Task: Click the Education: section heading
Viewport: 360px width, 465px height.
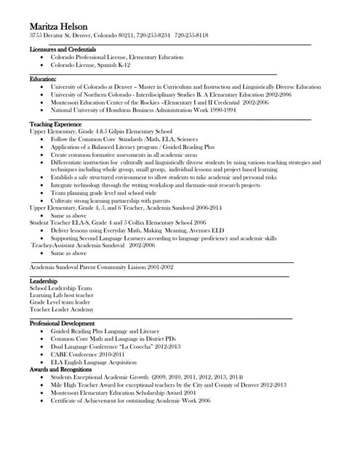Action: click(x=43, y=78)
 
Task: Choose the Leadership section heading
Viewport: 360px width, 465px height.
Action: click(x=44, y=280)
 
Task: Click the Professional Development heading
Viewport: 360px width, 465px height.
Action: click(x=62, y=323)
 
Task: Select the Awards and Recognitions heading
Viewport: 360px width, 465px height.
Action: click(x=60, y=369)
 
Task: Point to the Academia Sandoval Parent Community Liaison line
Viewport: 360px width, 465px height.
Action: click(x=101, y=267)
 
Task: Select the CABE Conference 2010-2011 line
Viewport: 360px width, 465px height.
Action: click(x=87, y=354)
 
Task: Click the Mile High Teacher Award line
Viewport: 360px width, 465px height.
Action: click(x=168, y=385)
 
